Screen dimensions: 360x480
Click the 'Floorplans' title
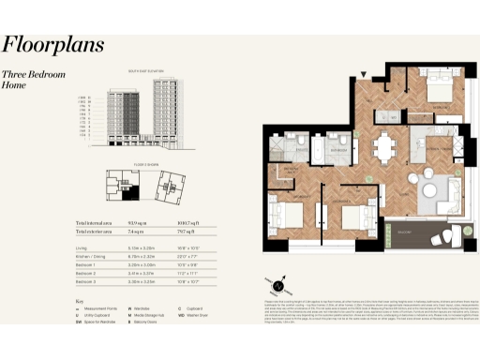[x=53, y=44]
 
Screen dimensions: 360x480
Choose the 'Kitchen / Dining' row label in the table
[x=94, y=256]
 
